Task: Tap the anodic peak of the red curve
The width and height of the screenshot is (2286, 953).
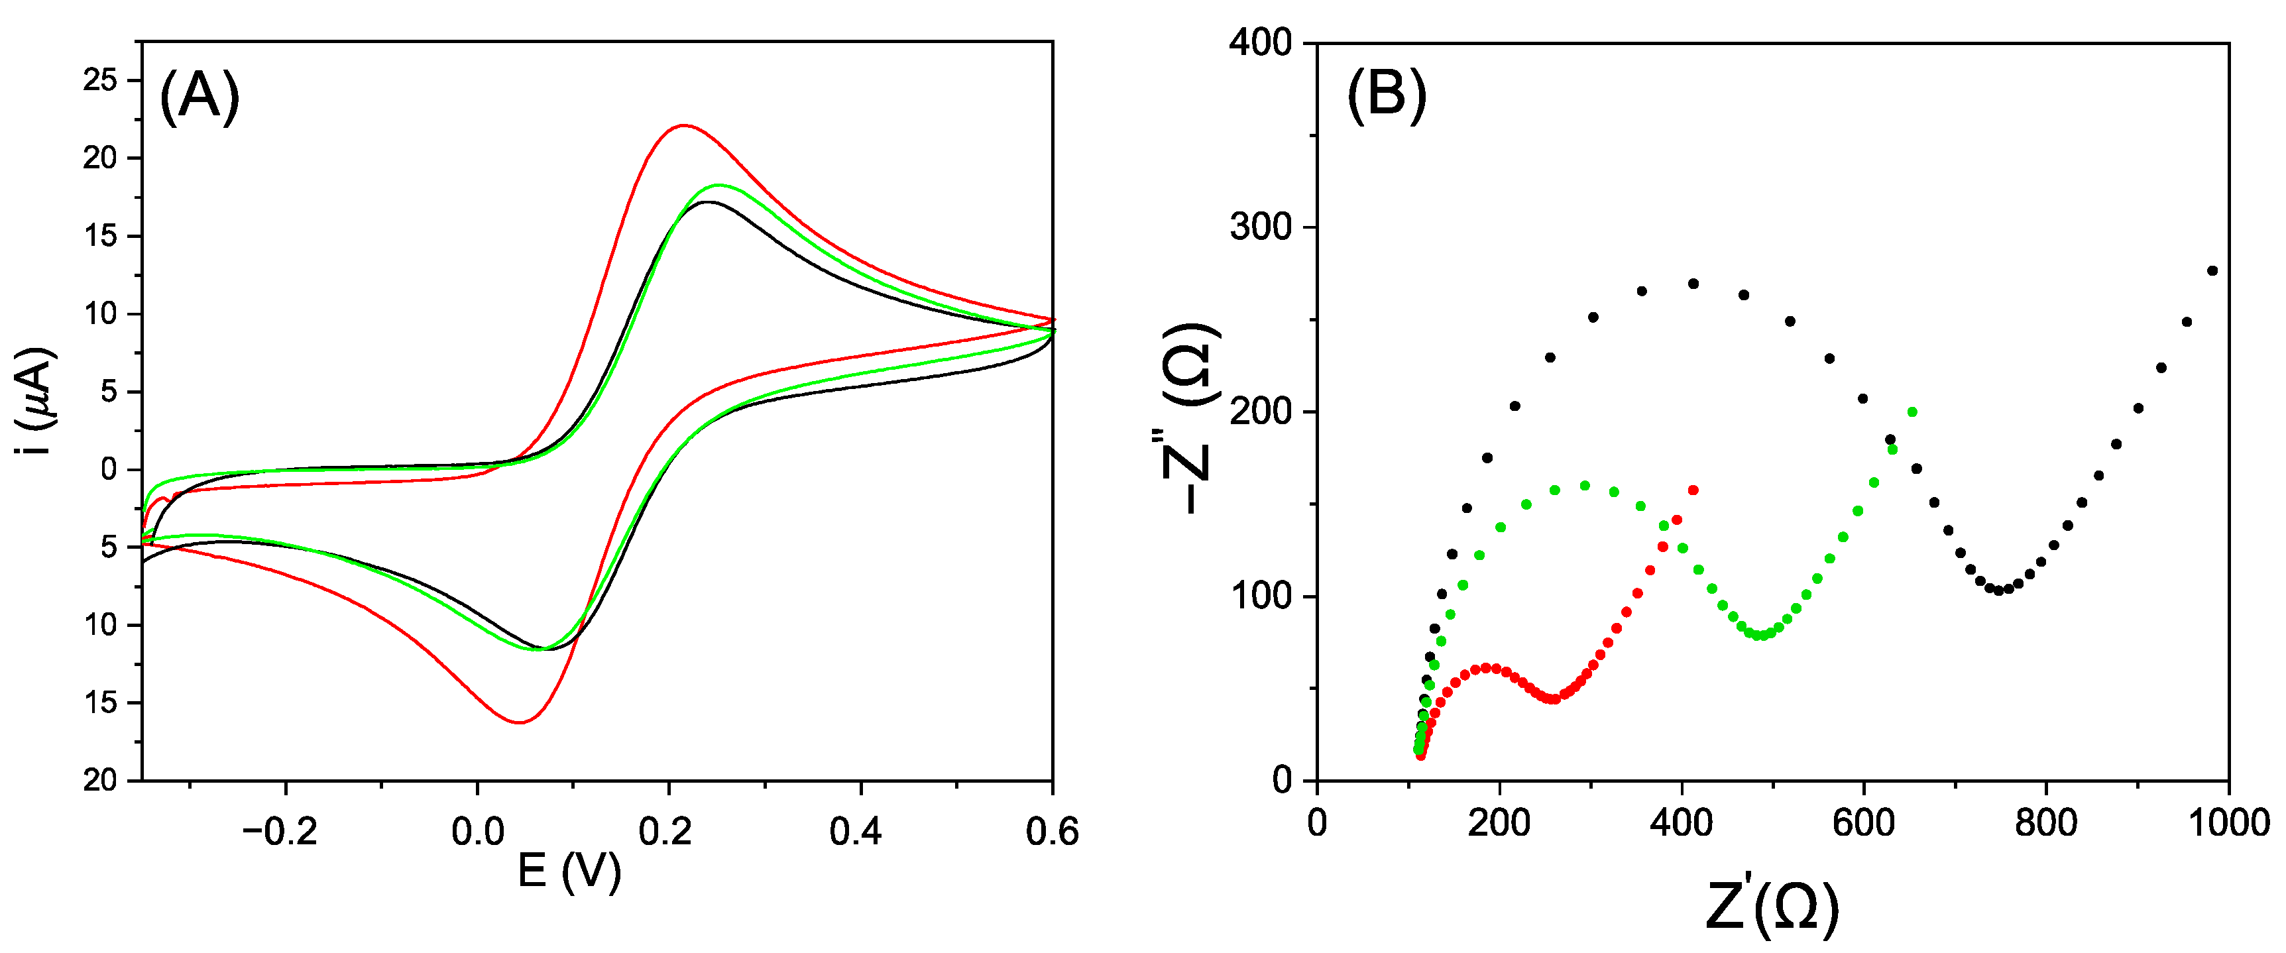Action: pos(683,125)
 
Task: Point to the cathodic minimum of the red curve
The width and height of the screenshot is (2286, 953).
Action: pos(519,722)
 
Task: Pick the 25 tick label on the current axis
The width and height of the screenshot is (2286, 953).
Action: pos(100,81)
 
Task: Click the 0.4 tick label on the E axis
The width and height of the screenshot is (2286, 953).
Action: pos(856,832)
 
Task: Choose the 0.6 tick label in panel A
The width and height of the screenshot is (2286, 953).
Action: pos(1052,832)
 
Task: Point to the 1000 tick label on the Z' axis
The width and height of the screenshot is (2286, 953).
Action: pos(2228,824)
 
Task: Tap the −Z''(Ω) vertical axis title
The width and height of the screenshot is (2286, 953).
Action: pos(1189,417)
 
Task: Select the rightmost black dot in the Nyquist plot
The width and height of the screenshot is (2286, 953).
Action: pos(2212,270)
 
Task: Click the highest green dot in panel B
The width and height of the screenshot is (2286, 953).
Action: pos(1912,412)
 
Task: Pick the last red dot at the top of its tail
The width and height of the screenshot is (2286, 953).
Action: pos(1693,490)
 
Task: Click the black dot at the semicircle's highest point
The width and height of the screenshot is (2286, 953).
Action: pos(1693,284)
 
